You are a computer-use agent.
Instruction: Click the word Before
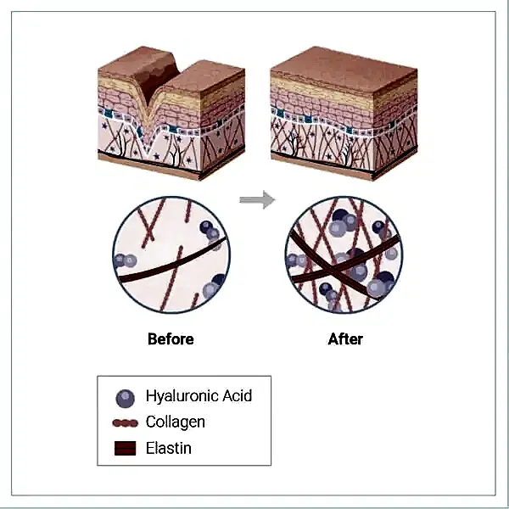point(171,338)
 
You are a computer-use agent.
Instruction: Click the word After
point(345,338)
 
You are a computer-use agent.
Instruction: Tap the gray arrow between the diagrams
point(257,199)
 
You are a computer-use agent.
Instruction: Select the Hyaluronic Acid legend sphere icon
point(125,399)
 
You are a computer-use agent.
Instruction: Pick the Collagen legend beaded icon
point(126,423)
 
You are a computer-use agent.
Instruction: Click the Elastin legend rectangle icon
point(126,448)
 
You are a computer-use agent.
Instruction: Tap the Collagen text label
point(176,422)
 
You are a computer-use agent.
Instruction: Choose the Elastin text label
point(169,448)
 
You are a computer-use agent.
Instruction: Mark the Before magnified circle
point(171,255)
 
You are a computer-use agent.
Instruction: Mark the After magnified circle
point(344,255)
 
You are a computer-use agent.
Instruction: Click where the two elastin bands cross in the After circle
point(332,268)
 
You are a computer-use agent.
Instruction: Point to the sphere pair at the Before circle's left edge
point(125,260)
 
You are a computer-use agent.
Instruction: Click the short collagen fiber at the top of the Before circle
point(188,211)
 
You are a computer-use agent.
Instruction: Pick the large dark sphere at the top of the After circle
point(340,216)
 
